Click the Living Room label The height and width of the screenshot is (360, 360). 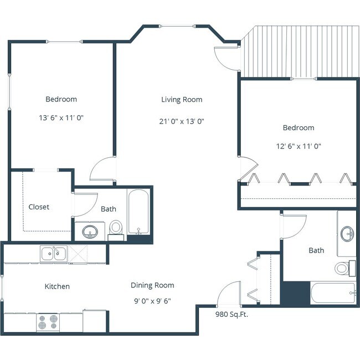point(182,100)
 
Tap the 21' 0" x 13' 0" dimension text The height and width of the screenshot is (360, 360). point(182,121)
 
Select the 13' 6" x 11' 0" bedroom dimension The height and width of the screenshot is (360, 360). point(61,118)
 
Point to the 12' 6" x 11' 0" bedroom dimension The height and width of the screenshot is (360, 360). point(299,147)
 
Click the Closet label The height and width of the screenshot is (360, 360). point(39,207)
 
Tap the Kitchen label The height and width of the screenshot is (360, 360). point(57,286)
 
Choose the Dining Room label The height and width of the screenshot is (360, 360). point(152,285)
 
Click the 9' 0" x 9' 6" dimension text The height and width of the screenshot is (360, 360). point(152,301)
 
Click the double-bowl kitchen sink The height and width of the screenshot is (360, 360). point(53,254)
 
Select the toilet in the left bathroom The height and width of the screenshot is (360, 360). point(116,227)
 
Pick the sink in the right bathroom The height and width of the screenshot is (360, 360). point(348,233)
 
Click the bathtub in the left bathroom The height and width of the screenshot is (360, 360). point(138,213)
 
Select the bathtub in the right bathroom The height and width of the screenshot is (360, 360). point(332,292)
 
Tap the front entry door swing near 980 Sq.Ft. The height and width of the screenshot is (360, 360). point(229,295)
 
